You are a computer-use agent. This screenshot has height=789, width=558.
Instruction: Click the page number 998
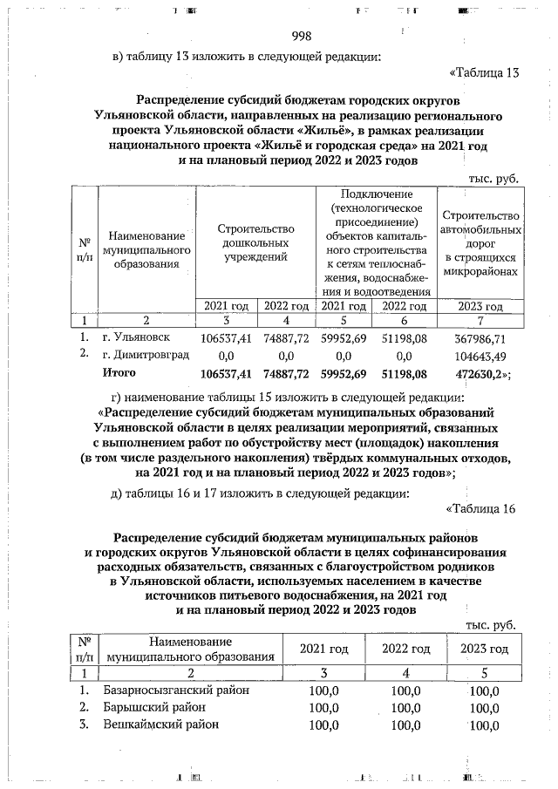pyautogui.click(x=301, y=36)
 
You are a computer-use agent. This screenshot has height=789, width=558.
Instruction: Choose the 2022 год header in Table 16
pyautogui.click(x=405, y=650)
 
